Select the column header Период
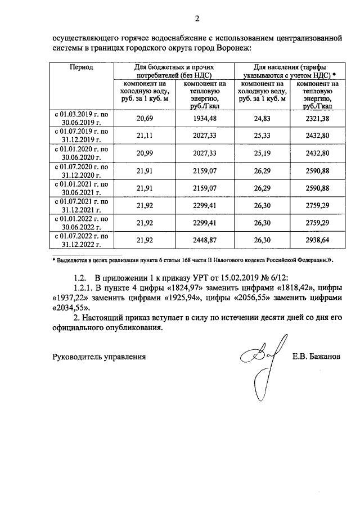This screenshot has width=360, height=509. point(82,67)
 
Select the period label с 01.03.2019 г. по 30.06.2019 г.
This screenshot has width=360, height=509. point(82,117)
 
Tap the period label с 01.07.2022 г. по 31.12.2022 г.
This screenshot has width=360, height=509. point(82,240)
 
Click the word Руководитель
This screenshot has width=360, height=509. point(77,357)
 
